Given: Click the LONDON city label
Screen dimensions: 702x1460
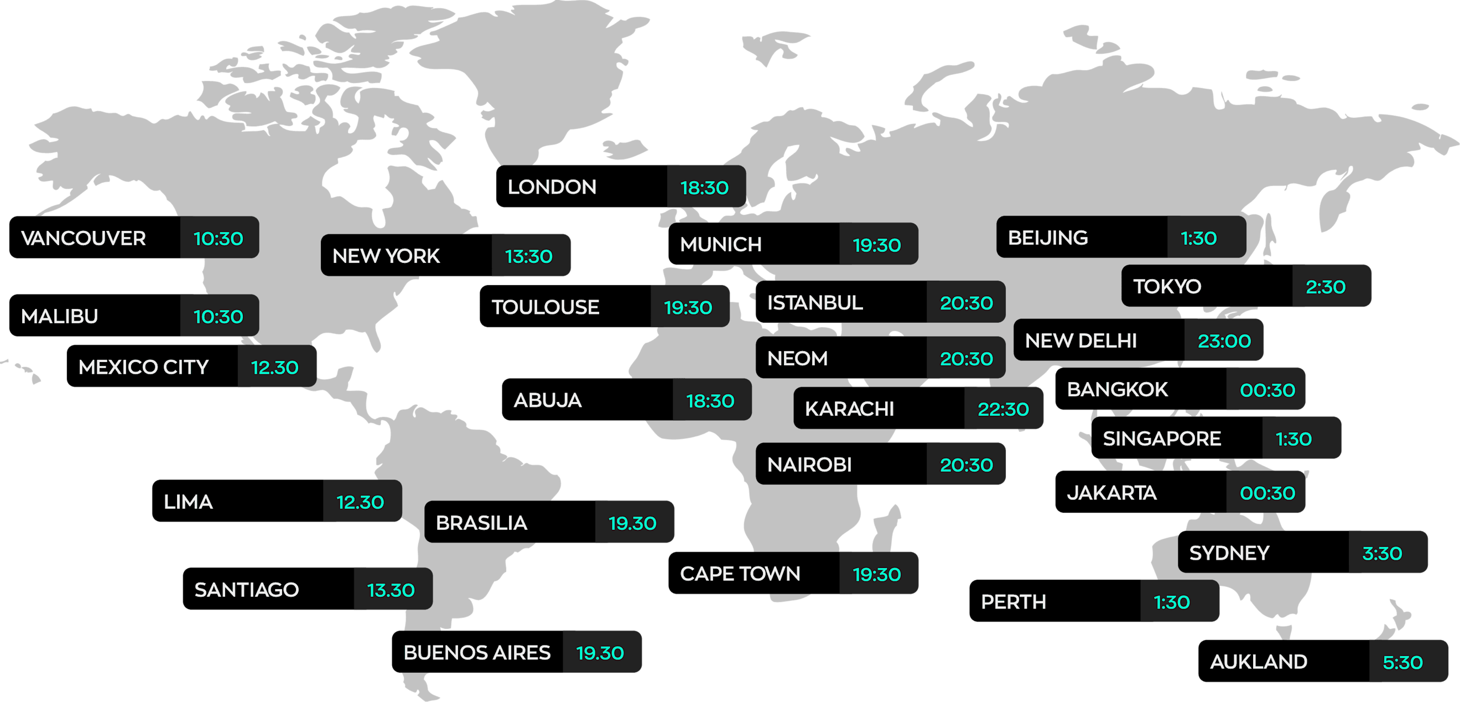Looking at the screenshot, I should tap(552, 187).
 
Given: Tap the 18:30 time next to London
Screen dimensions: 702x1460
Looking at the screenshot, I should tap(704, 188).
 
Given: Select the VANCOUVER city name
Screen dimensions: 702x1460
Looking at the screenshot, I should tap(84, 238).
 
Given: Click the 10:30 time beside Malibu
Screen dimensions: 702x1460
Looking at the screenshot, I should tap(218, 317).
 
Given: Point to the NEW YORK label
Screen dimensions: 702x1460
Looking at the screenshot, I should tap(386, 256).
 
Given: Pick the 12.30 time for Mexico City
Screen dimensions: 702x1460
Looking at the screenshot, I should tap(274, 368).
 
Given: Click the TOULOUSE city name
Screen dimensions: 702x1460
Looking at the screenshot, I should tap(545, 307).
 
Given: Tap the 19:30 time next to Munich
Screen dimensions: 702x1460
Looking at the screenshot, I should tap(876, 245).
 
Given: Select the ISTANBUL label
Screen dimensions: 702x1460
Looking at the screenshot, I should tap(815, 303).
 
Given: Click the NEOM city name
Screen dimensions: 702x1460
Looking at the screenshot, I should tap(797, 358).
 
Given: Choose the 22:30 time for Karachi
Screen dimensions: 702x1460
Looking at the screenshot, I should tap(1002, 409).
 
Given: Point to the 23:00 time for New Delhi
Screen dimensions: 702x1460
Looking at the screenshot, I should tap(1224, 341).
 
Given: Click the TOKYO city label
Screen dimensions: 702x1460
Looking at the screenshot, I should tap(1167, 286).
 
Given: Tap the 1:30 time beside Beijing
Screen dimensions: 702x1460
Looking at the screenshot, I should tap(1198, 238).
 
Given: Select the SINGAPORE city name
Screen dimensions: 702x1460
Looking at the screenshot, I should tap(1161, 438).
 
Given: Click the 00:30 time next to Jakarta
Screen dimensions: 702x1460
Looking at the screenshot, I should tap(1267, 493).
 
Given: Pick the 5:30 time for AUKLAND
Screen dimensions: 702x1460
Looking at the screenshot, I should tap(1402, 662).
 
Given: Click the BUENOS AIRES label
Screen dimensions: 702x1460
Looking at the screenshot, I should tap(477, 653).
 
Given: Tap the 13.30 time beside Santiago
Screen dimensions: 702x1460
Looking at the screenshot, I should tap(391, 590).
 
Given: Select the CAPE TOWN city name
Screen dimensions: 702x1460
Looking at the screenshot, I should tap(740, 574).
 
